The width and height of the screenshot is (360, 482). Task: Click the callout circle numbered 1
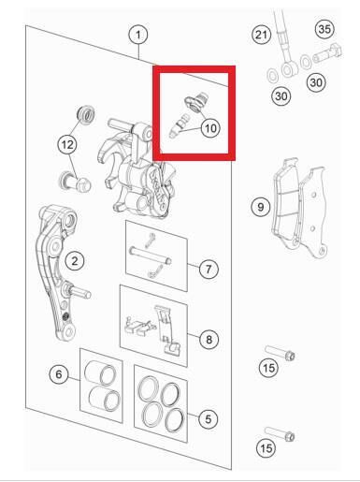(x=138, y=35)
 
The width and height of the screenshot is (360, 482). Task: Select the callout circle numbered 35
(x=324, y=29)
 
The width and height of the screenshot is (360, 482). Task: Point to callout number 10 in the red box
(x=209, y=126)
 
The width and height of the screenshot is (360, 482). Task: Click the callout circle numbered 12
(x=65, y=145)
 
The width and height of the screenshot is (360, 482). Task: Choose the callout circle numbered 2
(x=75, y=260)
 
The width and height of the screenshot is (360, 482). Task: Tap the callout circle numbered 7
(x=208, y=270)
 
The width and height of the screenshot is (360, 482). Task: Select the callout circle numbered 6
(x=58, y=374)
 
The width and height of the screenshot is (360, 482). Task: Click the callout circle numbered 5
(x=208, y=419)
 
